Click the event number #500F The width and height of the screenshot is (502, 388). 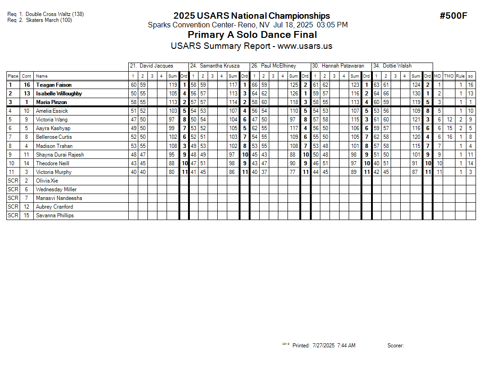point(453,16)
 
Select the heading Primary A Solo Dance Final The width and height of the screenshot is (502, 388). point(252,35)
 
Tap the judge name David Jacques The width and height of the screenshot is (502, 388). point(156,66)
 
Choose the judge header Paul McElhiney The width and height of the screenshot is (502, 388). point(278,66)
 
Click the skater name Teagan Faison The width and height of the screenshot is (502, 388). point(54,85)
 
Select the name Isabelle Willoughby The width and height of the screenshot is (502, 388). point(59,94)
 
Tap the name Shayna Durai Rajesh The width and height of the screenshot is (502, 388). point(60,155)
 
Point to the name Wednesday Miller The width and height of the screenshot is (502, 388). point(56,189)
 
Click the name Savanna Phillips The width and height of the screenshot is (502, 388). point(55,215)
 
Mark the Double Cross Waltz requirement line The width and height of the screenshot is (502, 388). point(46,14)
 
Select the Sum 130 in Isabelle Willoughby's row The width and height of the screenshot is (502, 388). point(416,94)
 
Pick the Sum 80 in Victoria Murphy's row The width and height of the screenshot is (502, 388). point(172,172)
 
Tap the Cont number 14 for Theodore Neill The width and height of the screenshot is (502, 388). point(26,163)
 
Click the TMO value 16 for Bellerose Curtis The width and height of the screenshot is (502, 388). point(450,137)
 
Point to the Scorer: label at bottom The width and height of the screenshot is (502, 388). point(395,346)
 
